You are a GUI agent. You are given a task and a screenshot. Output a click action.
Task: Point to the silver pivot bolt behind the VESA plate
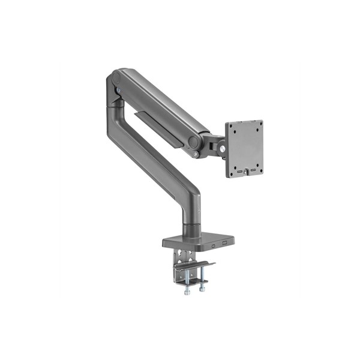click(x=223, y=145)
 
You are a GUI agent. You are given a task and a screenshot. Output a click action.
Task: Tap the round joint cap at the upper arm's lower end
click(x=194, y=142)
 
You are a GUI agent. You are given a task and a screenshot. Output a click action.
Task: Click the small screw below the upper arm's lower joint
click(x=195, y=155)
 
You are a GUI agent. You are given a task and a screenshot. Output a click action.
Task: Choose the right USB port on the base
click(x=224, y=243)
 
